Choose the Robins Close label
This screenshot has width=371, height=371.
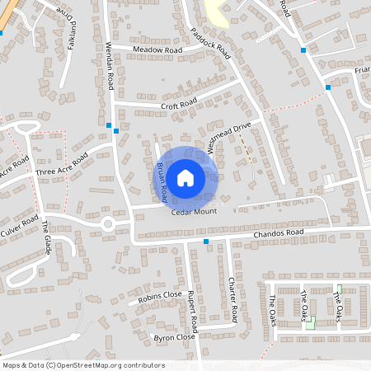tap(160, 295)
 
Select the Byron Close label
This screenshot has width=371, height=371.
tap(174, 337)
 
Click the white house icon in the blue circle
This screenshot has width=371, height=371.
tap(185, 176)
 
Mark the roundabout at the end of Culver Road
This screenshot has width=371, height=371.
tap(107, 223)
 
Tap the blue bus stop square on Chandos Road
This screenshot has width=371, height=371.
tap(206, 242)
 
